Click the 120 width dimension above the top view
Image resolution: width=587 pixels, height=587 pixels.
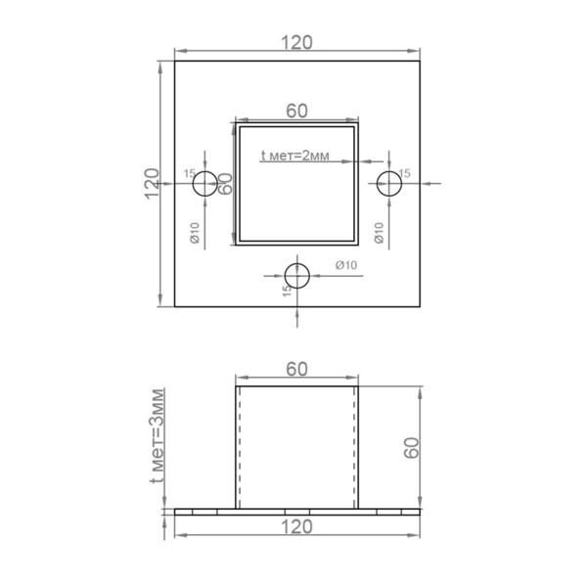point(296,42)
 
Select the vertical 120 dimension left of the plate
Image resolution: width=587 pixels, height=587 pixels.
point(152,184)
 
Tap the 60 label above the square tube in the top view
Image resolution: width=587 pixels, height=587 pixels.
point(296,111)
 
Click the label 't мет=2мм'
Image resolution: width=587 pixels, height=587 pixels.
point(295,156)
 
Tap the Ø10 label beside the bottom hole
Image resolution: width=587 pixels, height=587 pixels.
point(346,265)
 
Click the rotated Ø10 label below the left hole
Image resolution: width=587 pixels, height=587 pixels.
point(195,233)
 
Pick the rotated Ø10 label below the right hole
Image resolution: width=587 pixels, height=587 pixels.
point(380,233)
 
